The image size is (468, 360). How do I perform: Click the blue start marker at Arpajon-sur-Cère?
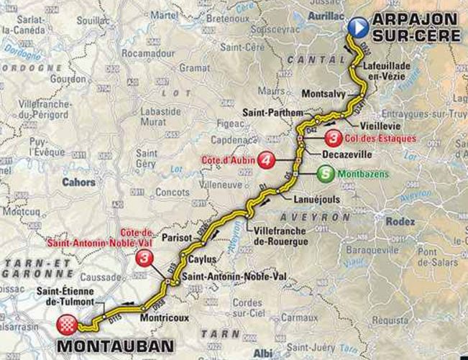click(358, 28)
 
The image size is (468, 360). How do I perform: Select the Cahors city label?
click(79, 183)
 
